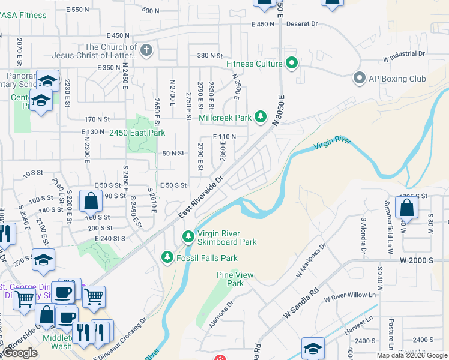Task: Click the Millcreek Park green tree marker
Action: coord(261,116)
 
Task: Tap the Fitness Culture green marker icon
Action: coord(292,63)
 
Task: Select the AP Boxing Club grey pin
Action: coord(360,79)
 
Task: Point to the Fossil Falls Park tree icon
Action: coord(167,257)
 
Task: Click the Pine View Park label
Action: coord(231,279)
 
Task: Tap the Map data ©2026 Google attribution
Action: coord(412,355)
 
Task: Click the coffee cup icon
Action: coord(63,293)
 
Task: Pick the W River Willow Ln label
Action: coord(353,296)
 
